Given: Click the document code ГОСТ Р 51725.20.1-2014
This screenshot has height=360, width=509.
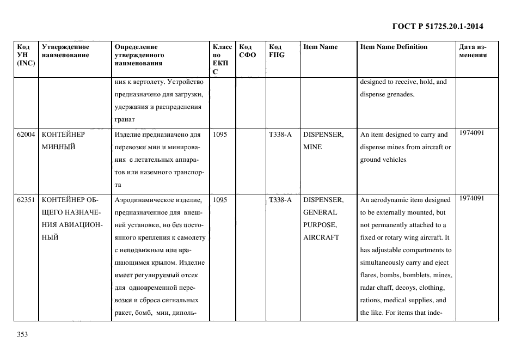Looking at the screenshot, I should click(x=437, y=26).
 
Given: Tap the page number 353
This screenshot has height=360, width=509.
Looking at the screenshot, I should click(x=22, y=334).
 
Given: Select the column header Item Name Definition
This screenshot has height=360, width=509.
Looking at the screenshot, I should click(x=394, y=47).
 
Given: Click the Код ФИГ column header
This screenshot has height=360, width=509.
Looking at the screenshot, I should click(x=276, y=51).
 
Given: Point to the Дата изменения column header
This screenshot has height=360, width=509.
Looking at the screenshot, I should click(x=473, y=51).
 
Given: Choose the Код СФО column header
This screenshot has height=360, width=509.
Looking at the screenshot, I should click(x=248, y=51).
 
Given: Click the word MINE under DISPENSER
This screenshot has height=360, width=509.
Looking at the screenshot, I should click(x=312, y=147).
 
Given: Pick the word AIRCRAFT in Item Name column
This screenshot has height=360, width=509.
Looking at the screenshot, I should click(x=321, y=237).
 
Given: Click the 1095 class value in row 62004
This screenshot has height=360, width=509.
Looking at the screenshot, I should click(x=220, y=135).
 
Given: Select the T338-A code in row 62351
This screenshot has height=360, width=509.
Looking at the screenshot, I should click(x=280, y=200).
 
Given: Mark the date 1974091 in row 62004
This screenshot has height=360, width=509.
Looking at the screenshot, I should click(x=471, y=133).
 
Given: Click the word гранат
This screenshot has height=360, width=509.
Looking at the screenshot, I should click(x=125, y=119).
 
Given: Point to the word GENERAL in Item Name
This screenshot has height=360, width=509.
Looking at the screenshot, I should click(x=320, y=212).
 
